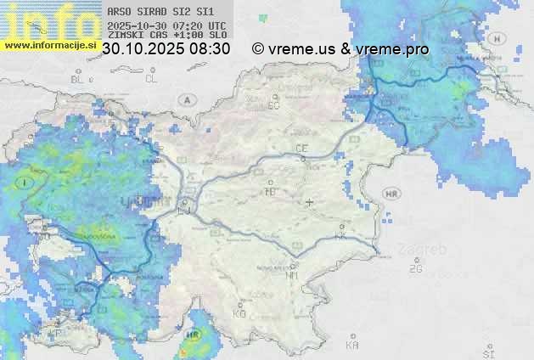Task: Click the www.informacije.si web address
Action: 49,45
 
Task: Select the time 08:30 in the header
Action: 210,49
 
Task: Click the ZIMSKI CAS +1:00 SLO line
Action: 166,36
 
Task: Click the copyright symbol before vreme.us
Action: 258,49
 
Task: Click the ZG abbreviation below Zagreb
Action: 415,269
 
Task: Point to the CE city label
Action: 301,149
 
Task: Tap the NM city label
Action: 293,275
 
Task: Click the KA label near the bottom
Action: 352,346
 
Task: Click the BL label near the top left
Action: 79,79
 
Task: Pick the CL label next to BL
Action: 152,79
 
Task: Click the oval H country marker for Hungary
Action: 498,38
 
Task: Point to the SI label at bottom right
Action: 487,352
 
